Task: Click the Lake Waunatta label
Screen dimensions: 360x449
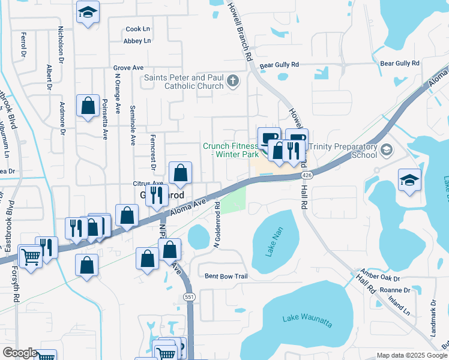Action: tap(306, 320)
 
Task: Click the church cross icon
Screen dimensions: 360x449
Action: tap(233, 81)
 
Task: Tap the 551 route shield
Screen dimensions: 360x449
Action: tap(190, 296)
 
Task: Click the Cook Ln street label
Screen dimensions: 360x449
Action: tap(137, 29)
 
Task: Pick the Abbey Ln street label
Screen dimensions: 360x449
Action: tap(137, 41)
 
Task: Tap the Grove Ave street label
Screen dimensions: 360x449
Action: tap(128, 68)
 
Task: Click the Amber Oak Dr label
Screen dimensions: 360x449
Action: tap(379, 278)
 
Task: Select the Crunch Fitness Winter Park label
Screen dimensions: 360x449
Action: tap(230, 150)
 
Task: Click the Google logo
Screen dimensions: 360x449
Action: tap(20, 353)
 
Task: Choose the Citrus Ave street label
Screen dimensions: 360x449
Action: tap(148, 184)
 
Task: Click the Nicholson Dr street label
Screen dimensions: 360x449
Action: tap(61, 44)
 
